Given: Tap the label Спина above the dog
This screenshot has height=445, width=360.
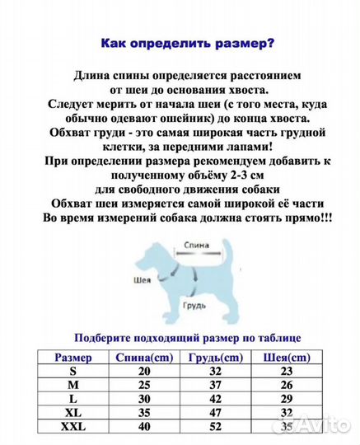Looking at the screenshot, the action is [195, 246].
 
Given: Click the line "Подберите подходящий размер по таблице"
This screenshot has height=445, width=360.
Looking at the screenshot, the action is [188, 337].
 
